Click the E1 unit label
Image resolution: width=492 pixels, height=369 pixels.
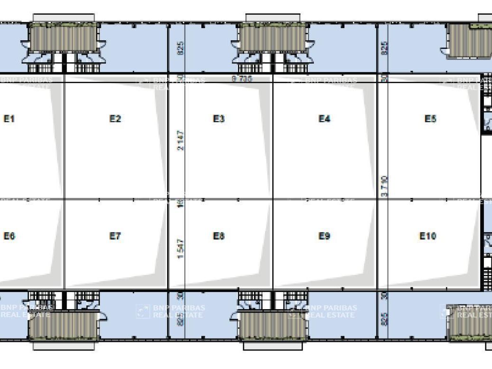(x=9, y=119)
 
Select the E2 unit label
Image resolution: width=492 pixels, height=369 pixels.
(x=115, y=119)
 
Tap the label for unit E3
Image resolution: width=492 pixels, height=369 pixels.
(x=218, y=119)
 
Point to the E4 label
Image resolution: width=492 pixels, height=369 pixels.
(x=324, y=119)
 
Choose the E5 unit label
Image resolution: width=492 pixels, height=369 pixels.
(x=430, y=119)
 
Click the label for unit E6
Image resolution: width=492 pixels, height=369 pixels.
(x=9, y=236)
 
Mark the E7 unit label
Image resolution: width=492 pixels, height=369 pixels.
(x=115, y=236)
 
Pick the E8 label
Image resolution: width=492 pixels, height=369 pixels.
(x=218, y=236)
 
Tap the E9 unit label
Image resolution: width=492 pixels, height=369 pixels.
(x=324, y=236)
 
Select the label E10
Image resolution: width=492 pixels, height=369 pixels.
(x=428, y=236)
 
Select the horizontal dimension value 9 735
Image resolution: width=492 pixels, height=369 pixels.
(x=242, y=79)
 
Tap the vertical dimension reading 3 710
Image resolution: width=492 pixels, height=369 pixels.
(x=384, y=187)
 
